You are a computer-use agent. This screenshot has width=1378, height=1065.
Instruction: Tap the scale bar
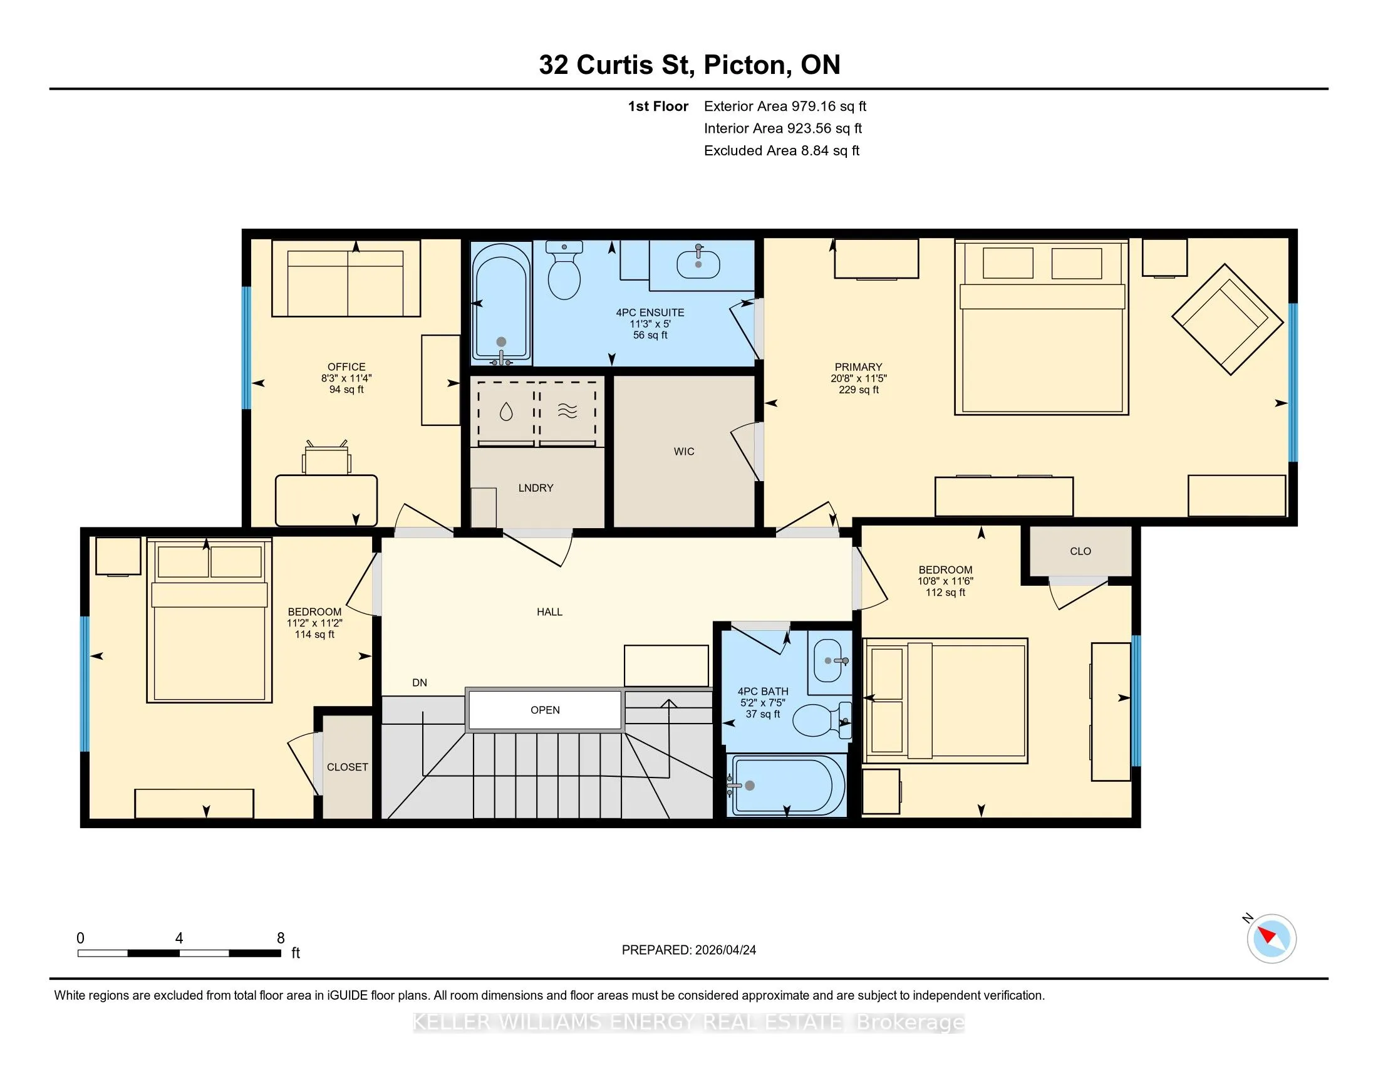pos(179,953)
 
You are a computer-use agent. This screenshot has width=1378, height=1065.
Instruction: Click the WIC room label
pos(684,451)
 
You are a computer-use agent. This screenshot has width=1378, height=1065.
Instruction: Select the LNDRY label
pos(536,487)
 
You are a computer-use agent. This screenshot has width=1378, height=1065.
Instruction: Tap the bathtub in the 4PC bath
pos(786,786)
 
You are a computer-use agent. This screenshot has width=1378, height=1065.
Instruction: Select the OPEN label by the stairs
pos(545,710)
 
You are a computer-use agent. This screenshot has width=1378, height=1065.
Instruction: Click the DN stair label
pos(420,682)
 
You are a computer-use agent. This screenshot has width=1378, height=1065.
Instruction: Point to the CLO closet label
pos(1080,551)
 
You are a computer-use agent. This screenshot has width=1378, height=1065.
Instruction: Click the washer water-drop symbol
pos(506,412)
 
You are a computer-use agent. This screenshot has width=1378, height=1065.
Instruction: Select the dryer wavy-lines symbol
pos(567,412)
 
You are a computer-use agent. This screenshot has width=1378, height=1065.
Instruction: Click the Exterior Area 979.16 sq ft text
pos(785,106)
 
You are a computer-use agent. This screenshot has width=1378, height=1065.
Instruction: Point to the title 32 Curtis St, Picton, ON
pos(690,65)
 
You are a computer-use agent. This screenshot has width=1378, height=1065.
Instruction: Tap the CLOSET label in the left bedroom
pos(347,767)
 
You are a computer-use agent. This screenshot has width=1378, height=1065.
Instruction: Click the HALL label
pos(549,611)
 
